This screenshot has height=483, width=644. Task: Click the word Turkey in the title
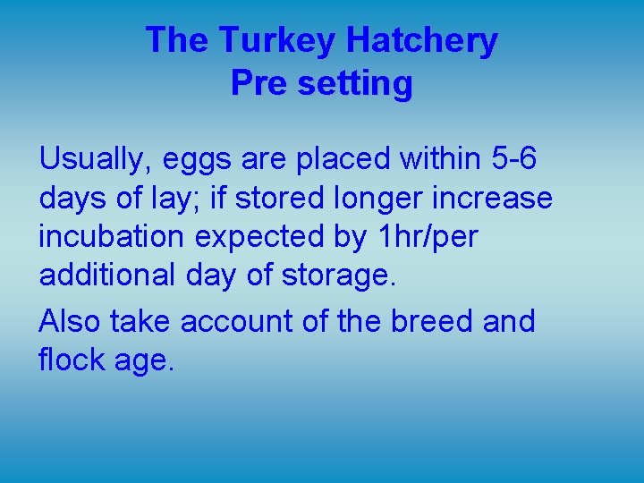click(x=277, y=41)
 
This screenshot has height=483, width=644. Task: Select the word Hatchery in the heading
click(x=422, y=41)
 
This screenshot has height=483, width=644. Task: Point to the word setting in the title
click(x=352, y=85)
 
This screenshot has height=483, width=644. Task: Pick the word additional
click(x=108, y=275)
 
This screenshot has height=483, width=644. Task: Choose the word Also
click(x=70, y=320)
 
